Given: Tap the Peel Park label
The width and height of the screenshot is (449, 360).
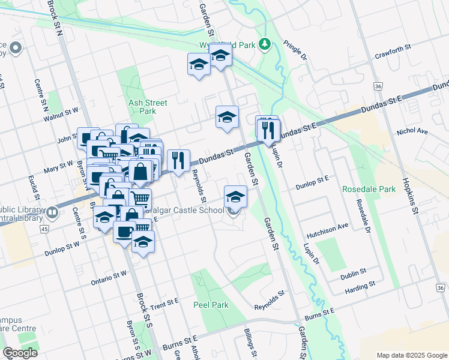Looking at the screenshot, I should (x=211, y=305).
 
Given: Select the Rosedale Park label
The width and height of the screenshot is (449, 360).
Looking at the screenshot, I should (x=369, y=189).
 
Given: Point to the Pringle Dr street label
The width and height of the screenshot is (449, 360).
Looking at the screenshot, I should (x=295, y=50).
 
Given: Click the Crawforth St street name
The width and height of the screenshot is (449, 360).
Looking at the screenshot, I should (x=392, y=47).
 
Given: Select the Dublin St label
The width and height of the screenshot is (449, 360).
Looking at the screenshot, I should (x=353, y=275).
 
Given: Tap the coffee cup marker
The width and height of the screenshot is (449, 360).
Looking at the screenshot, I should (x=125, y=231).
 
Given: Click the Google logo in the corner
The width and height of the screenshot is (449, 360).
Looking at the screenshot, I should (x=20, y=353).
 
